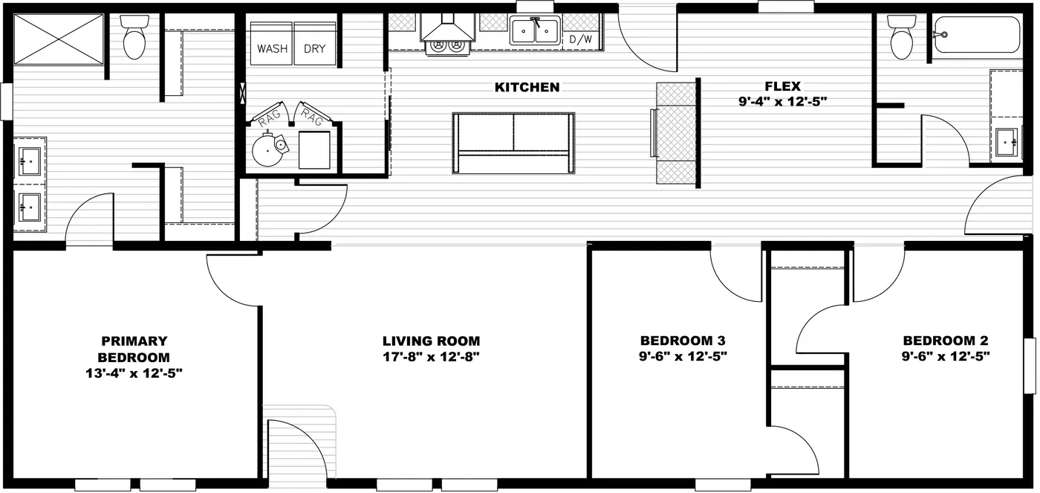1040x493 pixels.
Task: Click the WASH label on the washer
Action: [272, 49]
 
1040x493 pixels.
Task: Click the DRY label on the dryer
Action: [315, 49]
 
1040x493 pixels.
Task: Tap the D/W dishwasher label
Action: [580, 39]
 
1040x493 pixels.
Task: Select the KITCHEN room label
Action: [527, 88]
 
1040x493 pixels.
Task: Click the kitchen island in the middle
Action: [514, 143]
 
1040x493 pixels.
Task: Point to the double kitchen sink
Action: [535, 32]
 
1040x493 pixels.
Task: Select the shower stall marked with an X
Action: [60, 39]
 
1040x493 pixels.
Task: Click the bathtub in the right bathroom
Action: [977, 35]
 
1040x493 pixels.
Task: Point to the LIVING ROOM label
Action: [431, 341]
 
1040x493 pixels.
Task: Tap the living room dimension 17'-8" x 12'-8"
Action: [431, 356]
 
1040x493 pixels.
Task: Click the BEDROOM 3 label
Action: [683, 341]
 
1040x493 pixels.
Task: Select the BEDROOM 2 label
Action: [946, 341]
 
